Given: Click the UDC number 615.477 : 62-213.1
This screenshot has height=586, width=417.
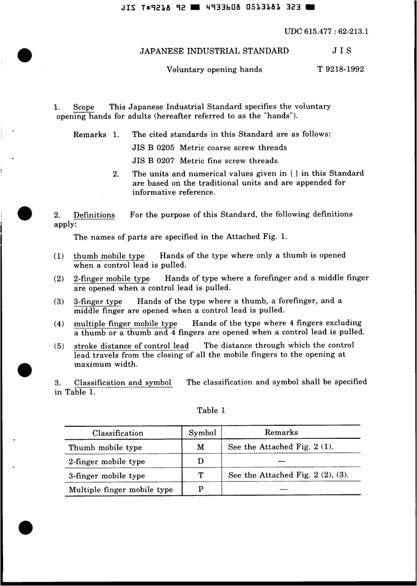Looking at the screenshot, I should click(x=326, y=32).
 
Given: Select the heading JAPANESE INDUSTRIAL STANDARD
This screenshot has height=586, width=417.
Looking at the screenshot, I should click(x=214, y=51).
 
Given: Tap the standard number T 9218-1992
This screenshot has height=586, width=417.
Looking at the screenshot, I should click(x=341, y=69).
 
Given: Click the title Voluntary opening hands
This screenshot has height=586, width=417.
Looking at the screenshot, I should click(x=214, y=69).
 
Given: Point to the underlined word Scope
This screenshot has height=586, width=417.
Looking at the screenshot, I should click(x=83, y=107).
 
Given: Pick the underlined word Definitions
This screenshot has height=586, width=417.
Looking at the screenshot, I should click(x=94, y=215).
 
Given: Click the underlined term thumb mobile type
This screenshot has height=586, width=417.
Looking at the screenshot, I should click(x=109, y=256).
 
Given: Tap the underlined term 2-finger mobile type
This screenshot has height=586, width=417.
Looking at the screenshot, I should click(x=111, y=279).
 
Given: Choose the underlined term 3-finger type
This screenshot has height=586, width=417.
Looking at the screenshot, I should click(x=98, y=301).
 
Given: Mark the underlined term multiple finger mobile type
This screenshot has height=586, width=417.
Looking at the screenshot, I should click(x=126, y=324).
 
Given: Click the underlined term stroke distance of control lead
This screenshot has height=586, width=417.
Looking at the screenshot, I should click(x=131, y=346).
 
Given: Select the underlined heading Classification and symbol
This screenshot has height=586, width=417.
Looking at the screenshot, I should click(x=123, y=382).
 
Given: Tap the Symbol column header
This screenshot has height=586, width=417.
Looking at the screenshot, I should click(x=202, y=433).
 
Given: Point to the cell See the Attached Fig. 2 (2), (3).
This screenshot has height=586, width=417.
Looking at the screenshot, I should click(x=288, y=475).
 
